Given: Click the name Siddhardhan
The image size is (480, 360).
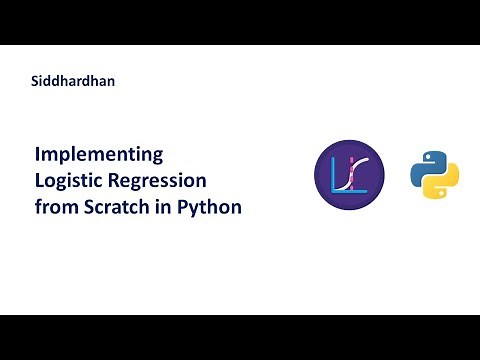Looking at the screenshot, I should (x=73, y=81).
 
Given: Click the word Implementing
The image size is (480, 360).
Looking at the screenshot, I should (x=99, y=156).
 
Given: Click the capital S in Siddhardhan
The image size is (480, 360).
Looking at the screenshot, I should (x=36, y=81).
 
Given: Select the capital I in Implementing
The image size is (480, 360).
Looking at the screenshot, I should (x=38, y=156).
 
